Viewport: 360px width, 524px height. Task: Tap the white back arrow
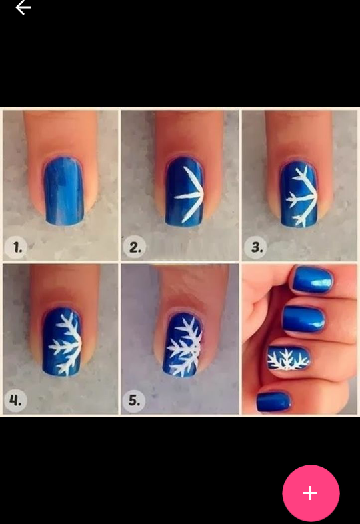(23, 7)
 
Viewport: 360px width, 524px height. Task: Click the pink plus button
(311, 493)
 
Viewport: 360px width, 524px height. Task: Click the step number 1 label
(17, 247)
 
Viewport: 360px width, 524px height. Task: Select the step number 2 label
(135, 247)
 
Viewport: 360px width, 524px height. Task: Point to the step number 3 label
(257, 247)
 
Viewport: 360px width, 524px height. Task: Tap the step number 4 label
(15, 400)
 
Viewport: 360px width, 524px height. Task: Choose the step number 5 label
(135, 400)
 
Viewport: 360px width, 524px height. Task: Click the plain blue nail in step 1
(64, 191)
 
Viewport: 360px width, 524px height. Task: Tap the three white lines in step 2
(189, 195)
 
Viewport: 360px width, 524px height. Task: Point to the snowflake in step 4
(67, 344)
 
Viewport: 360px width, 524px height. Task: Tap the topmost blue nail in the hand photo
(312, 280)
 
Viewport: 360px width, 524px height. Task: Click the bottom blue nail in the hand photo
(274, 402)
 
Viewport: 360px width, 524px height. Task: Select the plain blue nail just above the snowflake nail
(304, 320)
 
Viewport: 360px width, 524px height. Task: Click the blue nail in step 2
(185, 192)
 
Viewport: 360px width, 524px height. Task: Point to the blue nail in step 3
(299, 195)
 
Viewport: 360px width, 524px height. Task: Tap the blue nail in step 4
(62, 342)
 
